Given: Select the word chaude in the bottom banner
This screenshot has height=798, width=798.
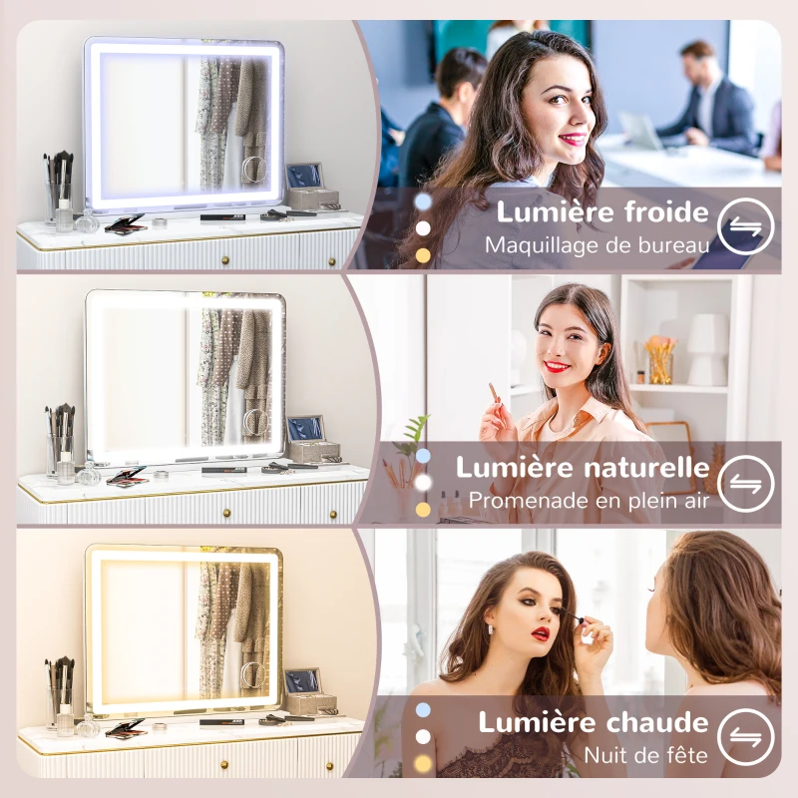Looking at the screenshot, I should pyautogui.click(x=660, y=722).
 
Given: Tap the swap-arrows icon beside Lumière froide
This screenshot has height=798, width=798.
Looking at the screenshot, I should pyautogui.click(x=745, y=227).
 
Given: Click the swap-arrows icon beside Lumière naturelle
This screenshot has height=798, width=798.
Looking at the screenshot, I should pyautogui.click(x=745, y=483).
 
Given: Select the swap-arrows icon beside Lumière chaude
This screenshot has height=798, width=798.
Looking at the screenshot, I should pyautogui.click(x=745, y=737).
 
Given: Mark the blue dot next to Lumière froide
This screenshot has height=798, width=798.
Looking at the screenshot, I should pyautogui.click(x=423, y=200).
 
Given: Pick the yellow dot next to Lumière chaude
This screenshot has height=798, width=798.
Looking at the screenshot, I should pyautogui.click(x=423, y=764).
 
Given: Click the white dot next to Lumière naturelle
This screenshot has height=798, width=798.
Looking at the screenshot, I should pyautogui.click(x=423, y=483).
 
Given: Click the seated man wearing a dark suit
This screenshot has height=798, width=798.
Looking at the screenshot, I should pyautogui.click(x=710, y=105).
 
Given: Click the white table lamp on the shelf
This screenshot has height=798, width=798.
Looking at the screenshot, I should pyautogui.click(x=706, y=348).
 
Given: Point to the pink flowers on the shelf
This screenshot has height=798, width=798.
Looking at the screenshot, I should pyautogui.click(x=659, y=347).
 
